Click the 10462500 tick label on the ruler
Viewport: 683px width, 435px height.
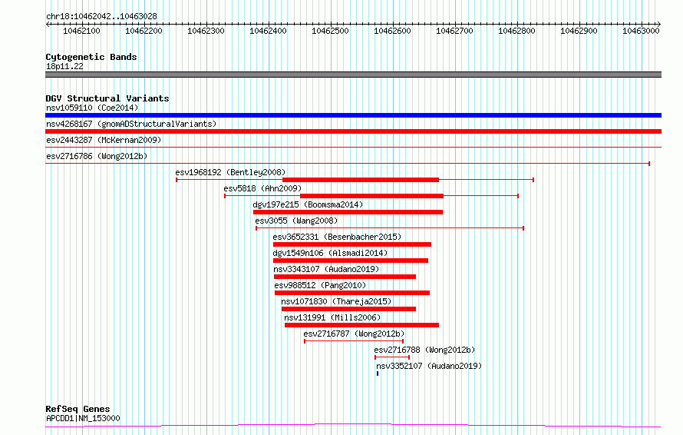(x=330, y=31)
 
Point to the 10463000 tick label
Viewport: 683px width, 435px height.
(x=641, y=31)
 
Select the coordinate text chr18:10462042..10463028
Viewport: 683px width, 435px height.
(x=101, y=17)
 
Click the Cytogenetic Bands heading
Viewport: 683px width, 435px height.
(x=91, y=57)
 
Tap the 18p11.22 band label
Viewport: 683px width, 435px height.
(x=64, y=66)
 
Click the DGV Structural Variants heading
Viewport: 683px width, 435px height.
(x=107, y=98)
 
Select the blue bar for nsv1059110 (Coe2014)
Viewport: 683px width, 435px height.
(x=353, y=115)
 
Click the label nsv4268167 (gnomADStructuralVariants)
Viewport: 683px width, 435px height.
(x=131, y=124)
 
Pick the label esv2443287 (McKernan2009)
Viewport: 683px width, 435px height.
(x=104, y=140)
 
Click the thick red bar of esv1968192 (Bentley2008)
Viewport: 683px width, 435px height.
(x=361, y=180)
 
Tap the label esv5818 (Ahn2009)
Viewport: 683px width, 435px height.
(x=262, y=188)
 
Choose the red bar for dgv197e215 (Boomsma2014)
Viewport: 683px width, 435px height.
(x=348, y=212)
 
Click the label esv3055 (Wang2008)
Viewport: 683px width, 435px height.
(x=296, y=221)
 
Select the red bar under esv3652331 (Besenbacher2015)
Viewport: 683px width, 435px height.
(x=352, y=244)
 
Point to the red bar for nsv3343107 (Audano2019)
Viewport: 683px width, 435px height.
(x=345, y=277)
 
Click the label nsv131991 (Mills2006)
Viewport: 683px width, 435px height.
(x=332, y=317)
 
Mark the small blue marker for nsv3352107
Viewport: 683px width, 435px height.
(x=378, y=374)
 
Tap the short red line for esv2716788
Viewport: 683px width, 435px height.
(x=392, y=357)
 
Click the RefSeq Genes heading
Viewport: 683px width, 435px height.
(x=78, y=409)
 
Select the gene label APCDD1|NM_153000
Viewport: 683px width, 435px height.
(x=83, y=418)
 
